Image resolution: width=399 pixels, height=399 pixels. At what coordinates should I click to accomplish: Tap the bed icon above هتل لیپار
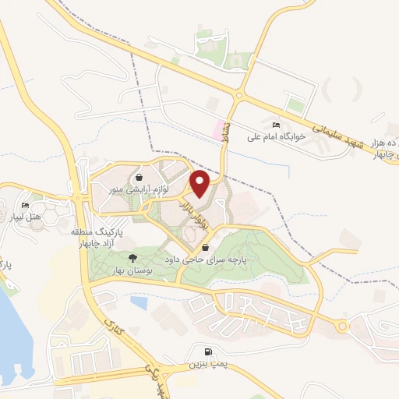pos(26,205)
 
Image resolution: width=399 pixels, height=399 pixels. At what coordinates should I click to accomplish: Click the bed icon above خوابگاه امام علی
pos(275,125)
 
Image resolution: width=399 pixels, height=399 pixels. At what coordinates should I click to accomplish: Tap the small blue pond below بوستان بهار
pos(139,302)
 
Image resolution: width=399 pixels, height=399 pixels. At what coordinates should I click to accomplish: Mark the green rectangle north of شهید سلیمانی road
pos(295,105)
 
